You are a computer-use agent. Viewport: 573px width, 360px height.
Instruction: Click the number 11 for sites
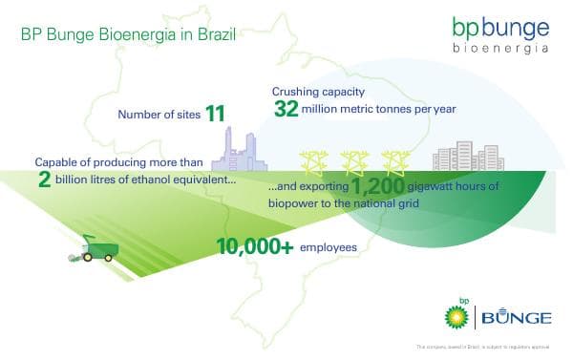click(215, 115)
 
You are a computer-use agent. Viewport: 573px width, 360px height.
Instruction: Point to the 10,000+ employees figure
click(254, 247)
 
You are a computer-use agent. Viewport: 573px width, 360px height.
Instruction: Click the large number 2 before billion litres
click(45, 180)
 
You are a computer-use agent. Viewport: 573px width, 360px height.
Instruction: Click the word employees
click(328, 248)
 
